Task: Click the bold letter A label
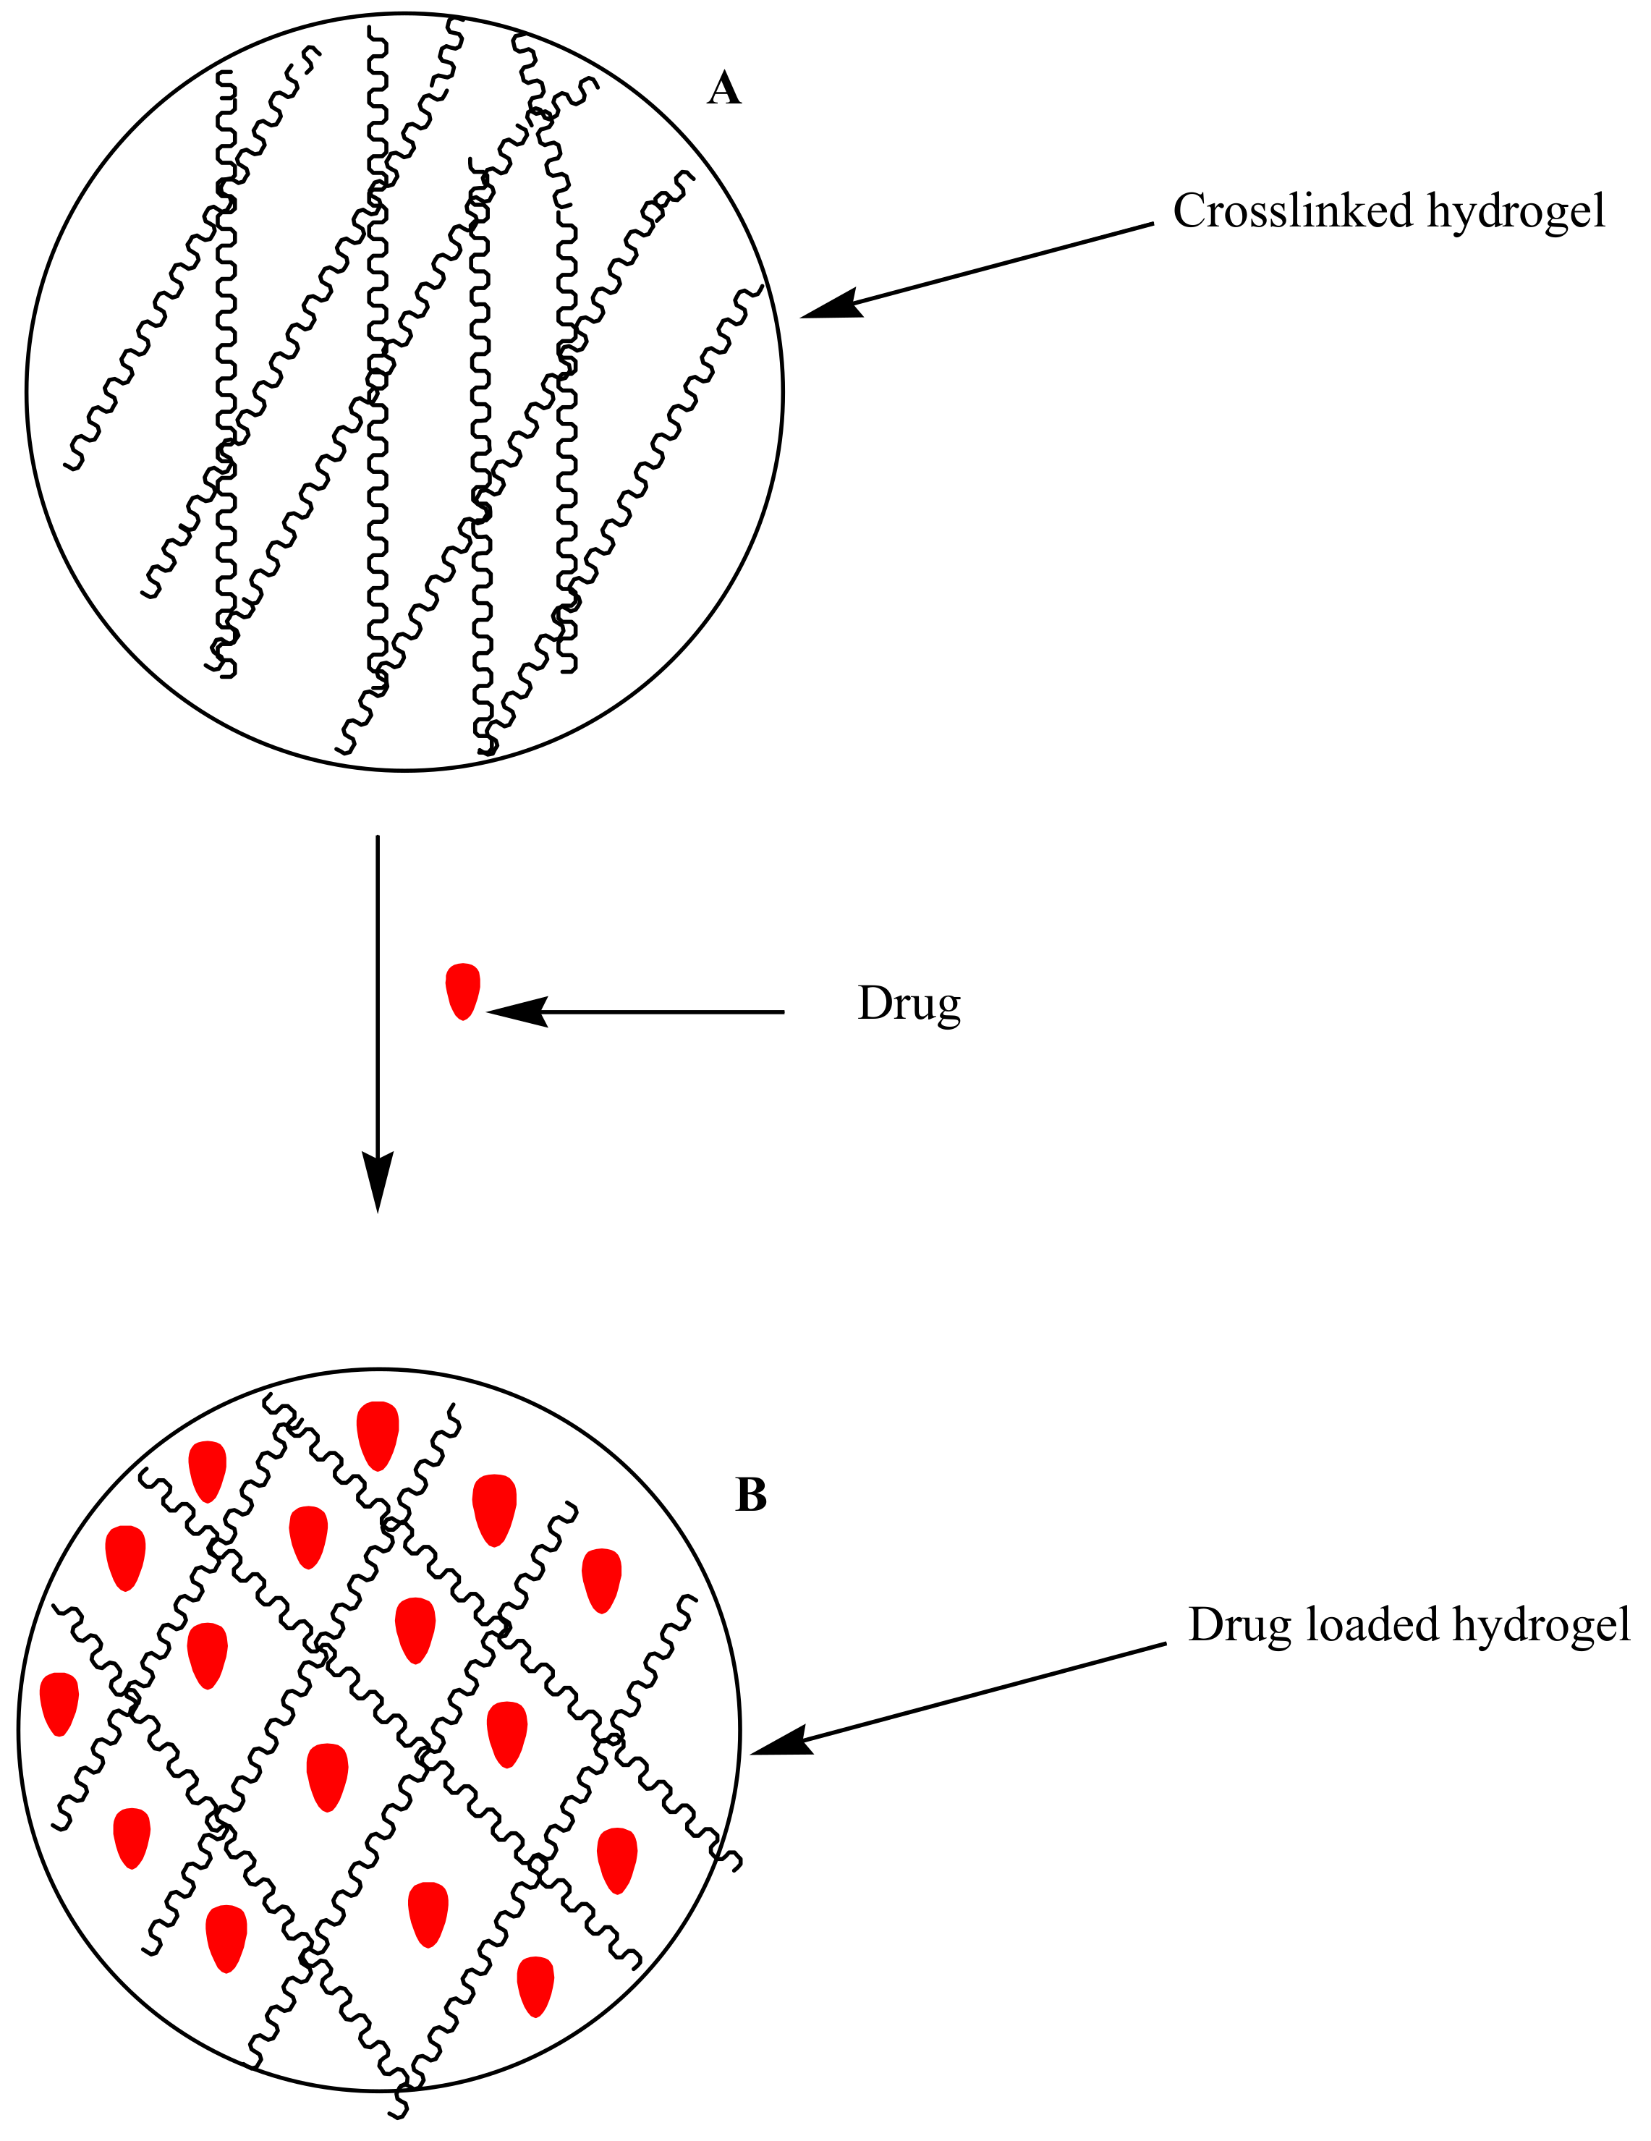coord(723,89)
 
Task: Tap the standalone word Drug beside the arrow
coord(909,1003)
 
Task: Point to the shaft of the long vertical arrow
coord(378,980)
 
